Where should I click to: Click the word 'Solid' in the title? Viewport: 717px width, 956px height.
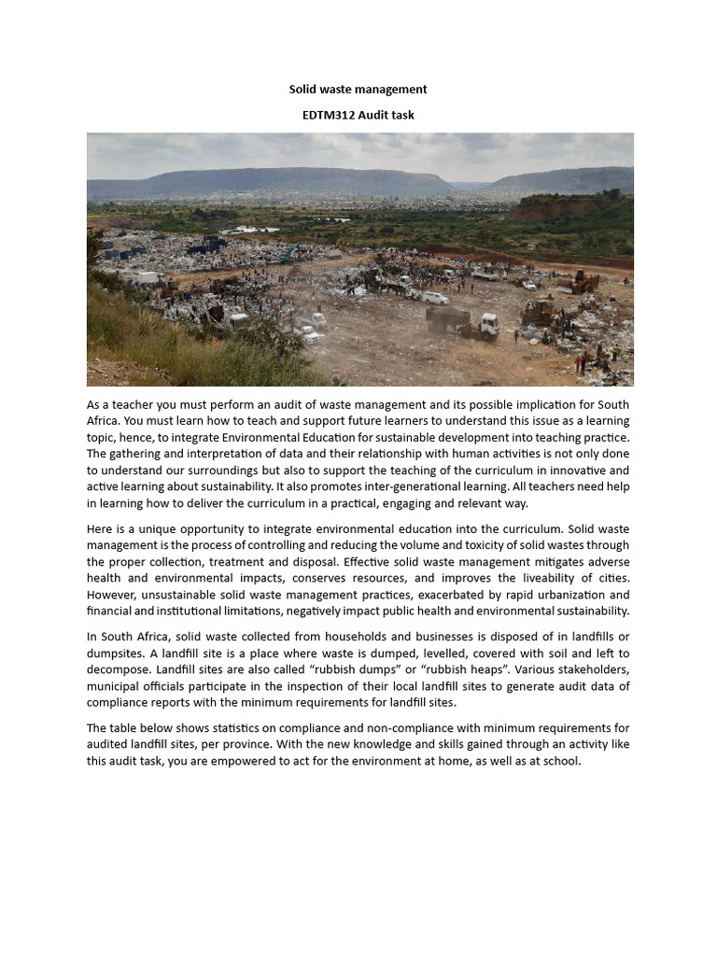[303, 90]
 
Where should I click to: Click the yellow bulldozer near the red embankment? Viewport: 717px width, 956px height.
[583, 281]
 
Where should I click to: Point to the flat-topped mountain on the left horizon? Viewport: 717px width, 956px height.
[261, 181]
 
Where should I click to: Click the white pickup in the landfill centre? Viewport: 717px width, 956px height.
[435, 298]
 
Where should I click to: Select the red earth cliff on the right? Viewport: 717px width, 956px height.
[560, 207]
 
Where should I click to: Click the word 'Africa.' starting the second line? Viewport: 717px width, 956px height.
[106, 421]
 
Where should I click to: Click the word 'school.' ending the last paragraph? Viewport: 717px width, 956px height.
[560, 762]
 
